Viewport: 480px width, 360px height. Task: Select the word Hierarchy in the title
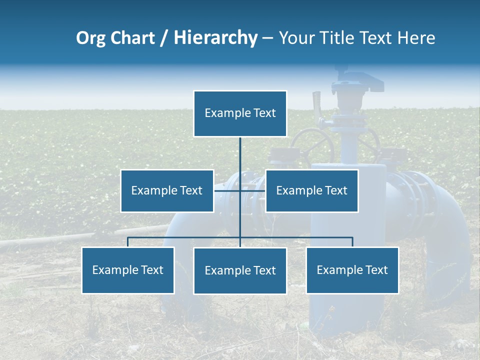click(215, 38)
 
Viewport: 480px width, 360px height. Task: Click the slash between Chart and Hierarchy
click(164, 38)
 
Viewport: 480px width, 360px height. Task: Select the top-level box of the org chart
click(240, 113)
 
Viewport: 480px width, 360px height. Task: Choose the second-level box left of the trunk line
click(167, 190)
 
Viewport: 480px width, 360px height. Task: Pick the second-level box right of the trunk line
click(311, 190)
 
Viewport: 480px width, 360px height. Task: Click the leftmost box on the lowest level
click(128, 270)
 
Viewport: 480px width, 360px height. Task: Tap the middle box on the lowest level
click(240, 270)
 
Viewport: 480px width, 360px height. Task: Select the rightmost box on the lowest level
click(352, 270)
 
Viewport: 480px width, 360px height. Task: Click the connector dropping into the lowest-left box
click(128, 242)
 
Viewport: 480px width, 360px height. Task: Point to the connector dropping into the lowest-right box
click(352, 242)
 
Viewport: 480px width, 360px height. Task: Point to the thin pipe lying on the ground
click(75, 238)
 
